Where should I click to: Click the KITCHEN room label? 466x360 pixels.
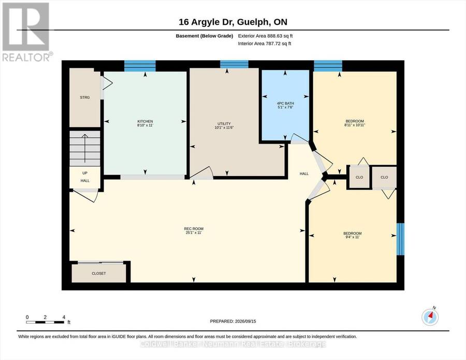click(145, 121)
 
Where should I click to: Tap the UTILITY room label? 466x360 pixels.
click(224, 124)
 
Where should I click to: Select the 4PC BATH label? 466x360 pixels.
click(285, 104)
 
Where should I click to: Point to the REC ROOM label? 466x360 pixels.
click(194, 229)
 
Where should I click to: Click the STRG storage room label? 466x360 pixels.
click(85, 97)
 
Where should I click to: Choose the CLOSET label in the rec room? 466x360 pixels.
click(99, 273)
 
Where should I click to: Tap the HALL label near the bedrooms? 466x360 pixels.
click(304, 174)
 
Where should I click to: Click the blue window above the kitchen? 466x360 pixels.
click(140, 66)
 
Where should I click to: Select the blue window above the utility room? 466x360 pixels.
click(234, 64)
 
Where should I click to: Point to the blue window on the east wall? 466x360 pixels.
click(401, 239)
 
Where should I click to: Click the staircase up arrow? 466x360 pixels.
click(85, 148)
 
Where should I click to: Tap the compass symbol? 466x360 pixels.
click(430, 316)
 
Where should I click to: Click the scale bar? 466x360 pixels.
click(45, 322)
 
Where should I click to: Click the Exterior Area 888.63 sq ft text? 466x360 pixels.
click(266, 36)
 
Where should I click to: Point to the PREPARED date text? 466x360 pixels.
click(233, 321)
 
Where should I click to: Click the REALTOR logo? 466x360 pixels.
click(27, 32)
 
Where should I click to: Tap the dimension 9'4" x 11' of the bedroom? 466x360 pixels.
click(352, 237)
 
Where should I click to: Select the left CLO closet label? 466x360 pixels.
click(359, 177)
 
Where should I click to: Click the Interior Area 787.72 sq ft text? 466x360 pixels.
click(265, 44)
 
